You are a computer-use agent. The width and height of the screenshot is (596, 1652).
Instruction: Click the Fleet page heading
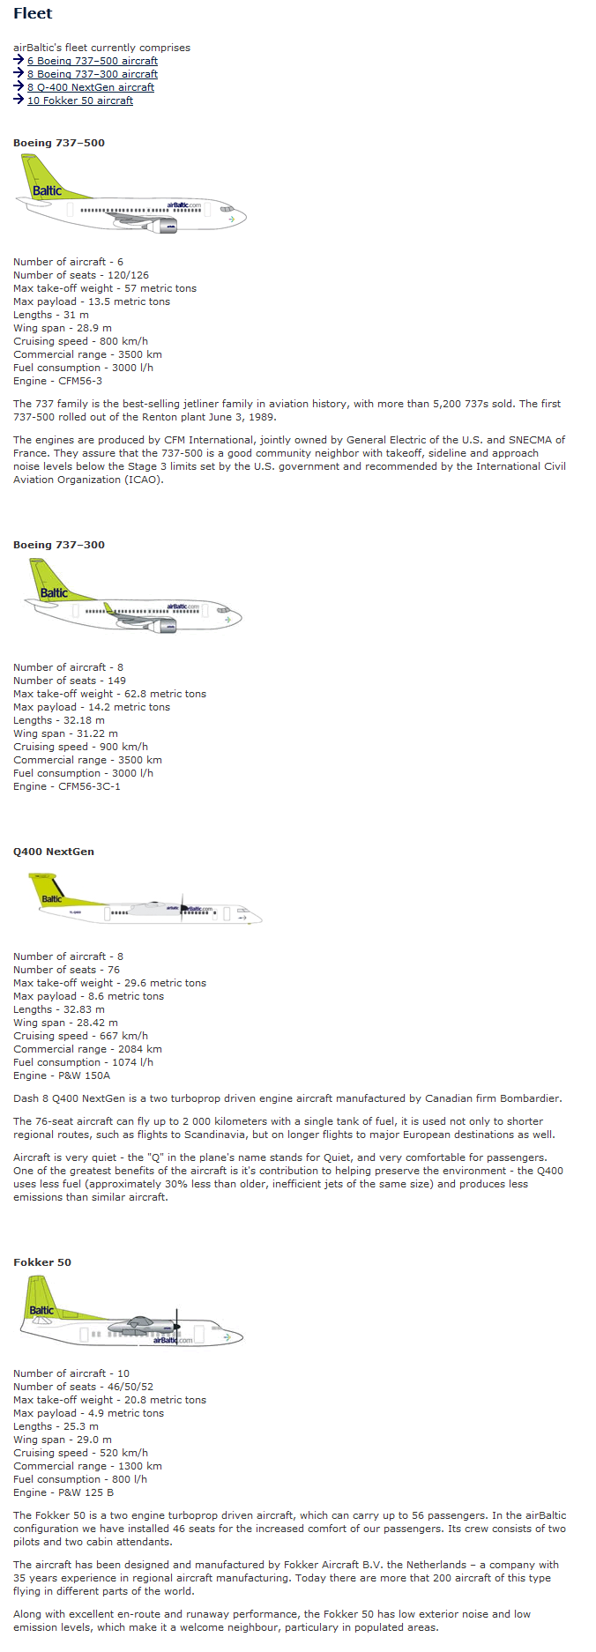[x=33, y=13]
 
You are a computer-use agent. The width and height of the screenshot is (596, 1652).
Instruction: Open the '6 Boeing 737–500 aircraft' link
[x=92, y=61]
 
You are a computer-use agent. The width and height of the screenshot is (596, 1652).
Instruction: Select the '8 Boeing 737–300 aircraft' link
[x=92, y=74]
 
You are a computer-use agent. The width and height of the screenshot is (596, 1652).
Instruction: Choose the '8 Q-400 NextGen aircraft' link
[x=90, y=87]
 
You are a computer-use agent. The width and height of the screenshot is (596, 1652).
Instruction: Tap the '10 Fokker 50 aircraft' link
[x=79, y=100]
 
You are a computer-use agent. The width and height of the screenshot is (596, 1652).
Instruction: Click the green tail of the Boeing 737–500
[x=44, y=181]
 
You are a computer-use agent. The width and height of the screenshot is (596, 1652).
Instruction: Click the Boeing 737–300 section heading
[x=59, y=545]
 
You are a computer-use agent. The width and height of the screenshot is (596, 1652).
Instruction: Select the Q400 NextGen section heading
[x=54, y=852]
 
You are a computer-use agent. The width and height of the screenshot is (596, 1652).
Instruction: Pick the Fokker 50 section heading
[x=42, y=1262]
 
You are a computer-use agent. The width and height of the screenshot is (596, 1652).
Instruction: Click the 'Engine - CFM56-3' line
[x=57, y=381]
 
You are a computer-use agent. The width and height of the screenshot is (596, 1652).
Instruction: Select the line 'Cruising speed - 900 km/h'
[x=80, y=747]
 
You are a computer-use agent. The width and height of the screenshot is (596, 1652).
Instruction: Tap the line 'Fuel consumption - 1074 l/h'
[x=83, y=1062]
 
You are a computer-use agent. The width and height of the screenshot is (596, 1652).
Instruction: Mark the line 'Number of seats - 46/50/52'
[x=83, y=1387]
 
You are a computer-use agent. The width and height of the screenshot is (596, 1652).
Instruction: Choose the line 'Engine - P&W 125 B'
[x=63, y=1492]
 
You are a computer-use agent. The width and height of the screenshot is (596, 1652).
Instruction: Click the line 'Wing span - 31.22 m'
[x=65, y=733]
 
